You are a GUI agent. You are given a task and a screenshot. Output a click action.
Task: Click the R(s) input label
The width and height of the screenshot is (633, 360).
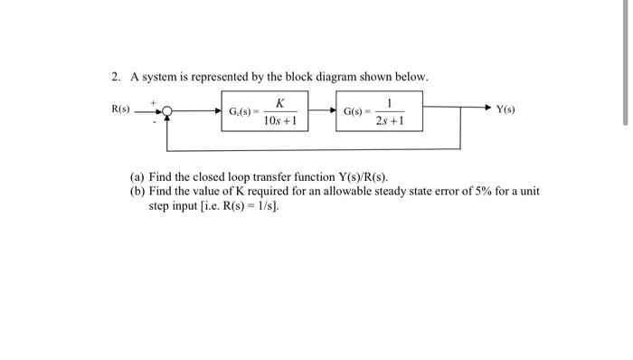(120, 109)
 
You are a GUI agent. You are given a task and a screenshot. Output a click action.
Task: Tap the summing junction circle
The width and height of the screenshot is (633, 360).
(165, 112)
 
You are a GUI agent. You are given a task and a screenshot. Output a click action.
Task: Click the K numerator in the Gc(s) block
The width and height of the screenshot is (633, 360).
(281, 102)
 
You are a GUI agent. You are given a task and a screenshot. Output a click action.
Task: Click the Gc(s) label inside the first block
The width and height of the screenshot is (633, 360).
(241, 111)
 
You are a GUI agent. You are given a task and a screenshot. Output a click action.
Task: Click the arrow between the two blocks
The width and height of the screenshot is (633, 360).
(322, 111)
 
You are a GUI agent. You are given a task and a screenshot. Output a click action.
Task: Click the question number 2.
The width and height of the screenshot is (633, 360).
(105, 77)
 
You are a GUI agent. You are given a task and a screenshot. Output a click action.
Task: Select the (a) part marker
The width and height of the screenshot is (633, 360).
(137, 177)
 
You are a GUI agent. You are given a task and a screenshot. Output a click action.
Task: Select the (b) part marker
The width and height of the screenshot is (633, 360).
(137, 191)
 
